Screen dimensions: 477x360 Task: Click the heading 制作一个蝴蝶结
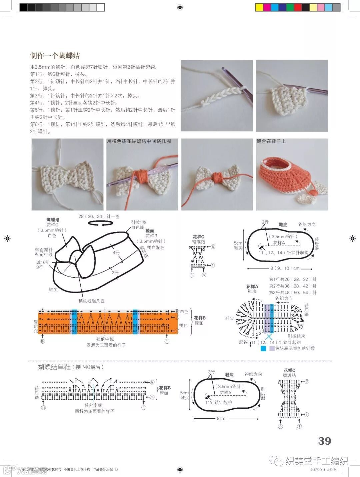tap(55, 56)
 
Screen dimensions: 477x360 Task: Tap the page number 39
tap(324, 441)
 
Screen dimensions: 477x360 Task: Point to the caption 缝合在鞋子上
tap(271, 141)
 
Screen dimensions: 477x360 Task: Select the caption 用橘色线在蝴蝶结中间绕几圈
tap(139, 141)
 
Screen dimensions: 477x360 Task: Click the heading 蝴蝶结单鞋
tap(54, 367)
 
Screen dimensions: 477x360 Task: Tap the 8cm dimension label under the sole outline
tap(221, 418)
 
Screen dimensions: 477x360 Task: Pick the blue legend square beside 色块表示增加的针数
tap(263, 348)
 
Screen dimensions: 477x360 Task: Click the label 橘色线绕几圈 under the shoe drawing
tap(91, 301)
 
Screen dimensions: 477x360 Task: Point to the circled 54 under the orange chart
tap(43, 341)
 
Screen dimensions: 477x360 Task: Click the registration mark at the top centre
tap(180, 7)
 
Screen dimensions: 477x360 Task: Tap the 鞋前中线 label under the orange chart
tap(105, 339)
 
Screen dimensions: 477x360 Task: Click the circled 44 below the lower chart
tap(43, 407)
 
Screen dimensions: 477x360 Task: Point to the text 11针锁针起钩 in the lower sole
tap(218, 402)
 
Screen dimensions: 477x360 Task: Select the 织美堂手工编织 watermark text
tap(317, 461)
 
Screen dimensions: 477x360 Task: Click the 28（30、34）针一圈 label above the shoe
tap(99, 216)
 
